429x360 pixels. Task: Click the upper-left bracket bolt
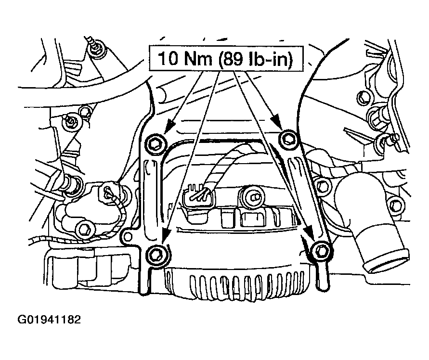coord(156,143)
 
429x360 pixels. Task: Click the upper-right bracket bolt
coord(288,139)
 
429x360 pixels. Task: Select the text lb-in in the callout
coord(267,59)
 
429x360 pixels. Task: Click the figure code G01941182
coord(49,320)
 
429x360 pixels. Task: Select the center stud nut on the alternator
coord(252,196)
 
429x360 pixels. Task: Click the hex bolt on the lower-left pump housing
coord(83,229)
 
